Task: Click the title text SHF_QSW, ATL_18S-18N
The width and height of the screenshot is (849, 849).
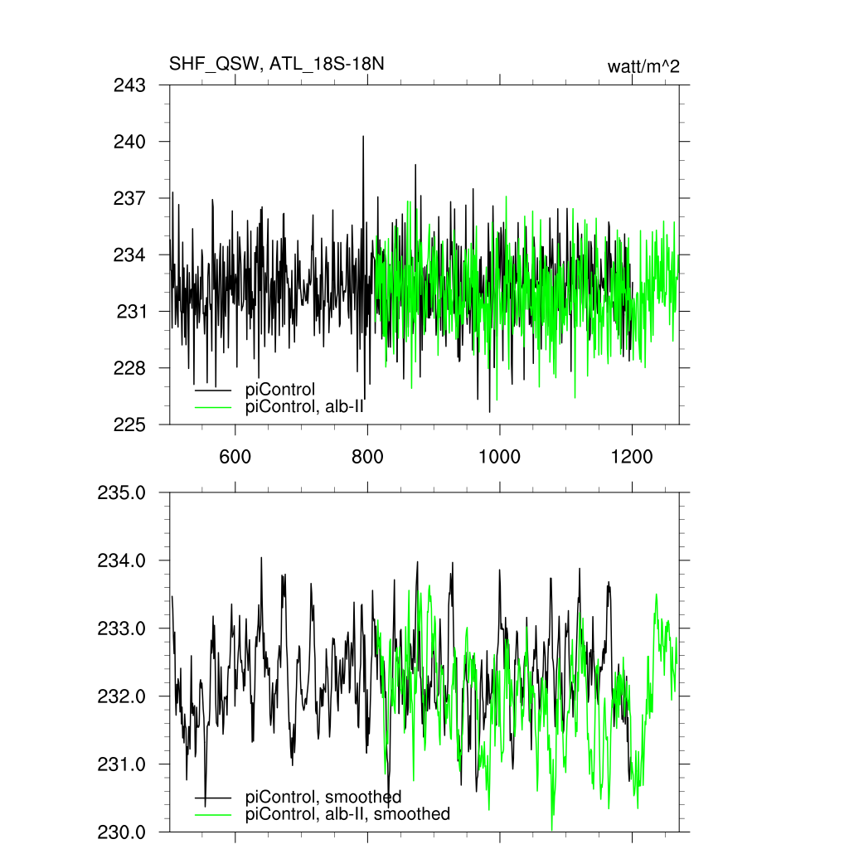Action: click(x=276, y=65)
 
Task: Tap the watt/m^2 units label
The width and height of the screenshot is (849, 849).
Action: click(x=643, y=66)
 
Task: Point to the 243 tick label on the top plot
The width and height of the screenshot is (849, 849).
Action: click(x=129, y=85)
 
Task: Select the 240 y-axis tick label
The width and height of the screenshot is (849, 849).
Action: click(x=129, y=142)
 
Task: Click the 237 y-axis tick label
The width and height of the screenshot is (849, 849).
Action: click(x=129, y=198)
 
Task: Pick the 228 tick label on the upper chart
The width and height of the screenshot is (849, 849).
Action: click(x=129, y=368)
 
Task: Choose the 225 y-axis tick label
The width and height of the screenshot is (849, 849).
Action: click(x=129, y=424)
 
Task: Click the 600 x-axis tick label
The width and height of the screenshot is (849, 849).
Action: click(x=235, y=455)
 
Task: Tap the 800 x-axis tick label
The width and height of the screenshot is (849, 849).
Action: click(x=367, y=455)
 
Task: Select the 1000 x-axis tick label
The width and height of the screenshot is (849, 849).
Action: click(x=500, y=455)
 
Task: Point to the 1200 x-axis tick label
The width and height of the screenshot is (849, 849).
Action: click(x=632, y=455)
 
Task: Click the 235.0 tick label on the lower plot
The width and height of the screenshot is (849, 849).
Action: click(x=122, y=492)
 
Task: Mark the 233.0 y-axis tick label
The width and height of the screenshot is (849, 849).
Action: click(x=122, y=628)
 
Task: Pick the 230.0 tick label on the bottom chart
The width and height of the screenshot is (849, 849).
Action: click(x=122, y=832)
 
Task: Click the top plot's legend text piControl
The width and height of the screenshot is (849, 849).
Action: click(x=280, y=389)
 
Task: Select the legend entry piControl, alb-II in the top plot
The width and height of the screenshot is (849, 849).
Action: click(x=305, y=406)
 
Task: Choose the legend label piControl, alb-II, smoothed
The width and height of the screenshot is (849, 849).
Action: click(x=348, y=814)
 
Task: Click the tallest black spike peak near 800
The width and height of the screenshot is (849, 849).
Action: click(x=363, y=137)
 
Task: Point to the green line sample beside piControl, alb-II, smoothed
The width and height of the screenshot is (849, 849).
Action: click(x=213, y=814)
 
